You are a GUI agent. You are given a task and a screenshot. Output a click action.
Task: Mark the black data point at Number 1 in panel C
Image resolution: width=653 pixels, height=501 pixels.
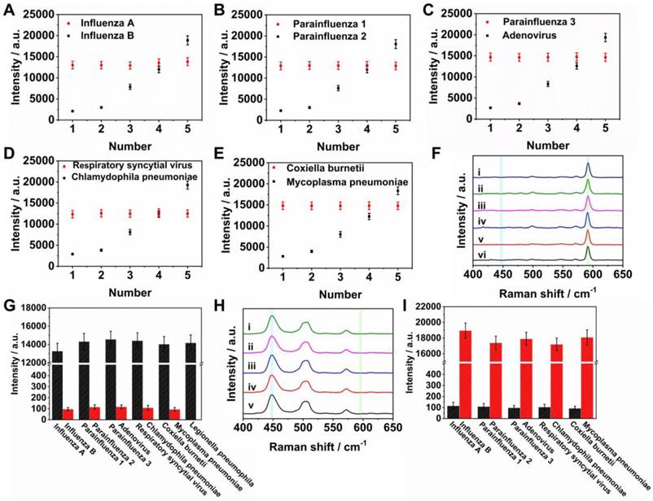coord(490,107)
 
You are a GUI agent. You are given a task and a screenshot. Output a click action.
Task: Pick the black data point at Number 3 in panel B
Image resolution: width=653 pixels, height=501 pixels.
coord(314,88)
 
